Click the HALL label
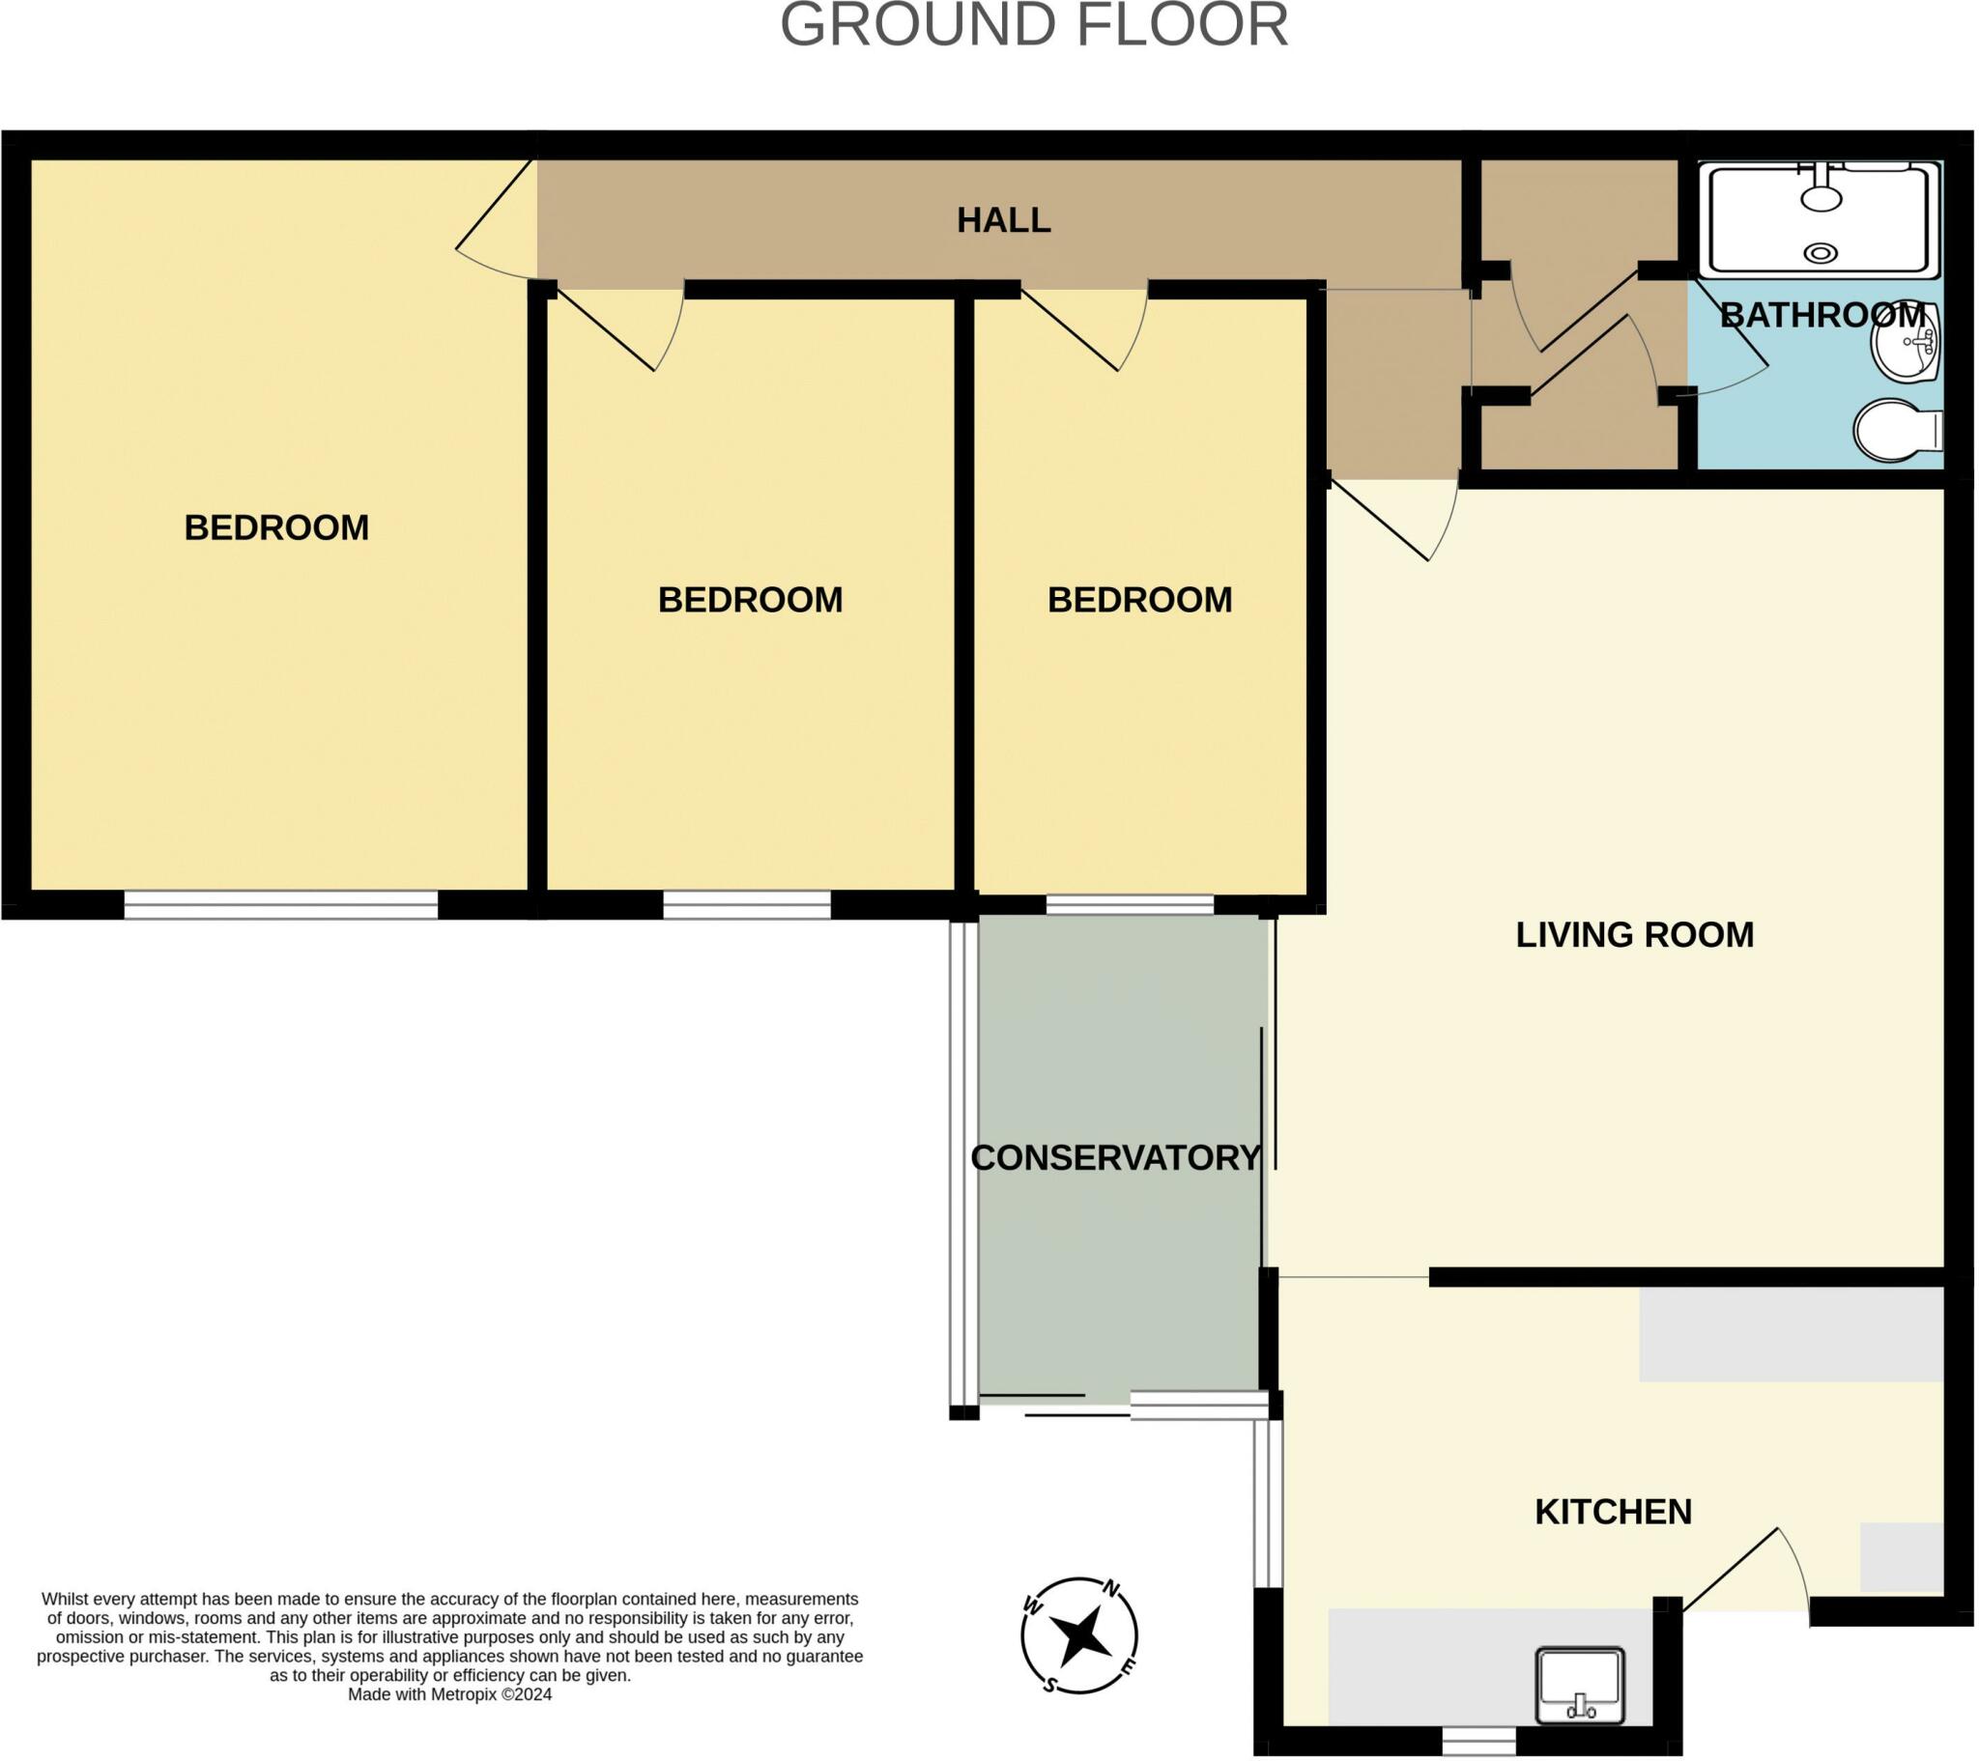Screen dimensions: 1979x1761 point(1004,221)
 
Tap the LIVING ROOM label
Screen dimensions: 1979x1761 point(1634,935)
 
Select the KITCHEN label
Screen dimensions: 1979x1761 point(1613,1511)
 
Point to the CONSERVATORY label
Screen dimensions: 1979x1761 point(1115,1158)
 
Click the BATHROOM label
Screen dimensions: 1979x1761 point(1822,315)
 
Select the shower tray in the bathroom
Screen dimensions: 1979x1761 point(1821,219)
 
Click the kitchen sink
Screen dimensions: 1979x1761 point(1579,1687)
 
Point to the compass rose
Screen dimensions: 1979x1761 point(1078,1636)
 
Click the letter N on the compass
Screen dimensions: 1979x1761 point(1111,1589)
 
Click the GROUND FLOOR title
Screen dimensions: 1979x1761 point(1033,25)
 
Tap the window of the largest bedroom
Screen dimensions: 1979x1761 point(281,904)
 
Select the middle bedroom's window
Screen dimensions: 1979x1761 point(747,904)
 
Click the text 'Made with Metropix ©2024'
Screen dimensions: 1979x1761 point(449,1694)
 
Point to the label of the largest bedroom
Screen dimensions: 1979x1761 point(276,527)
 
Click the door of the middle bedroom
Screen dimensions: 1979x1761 point(620,329)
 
